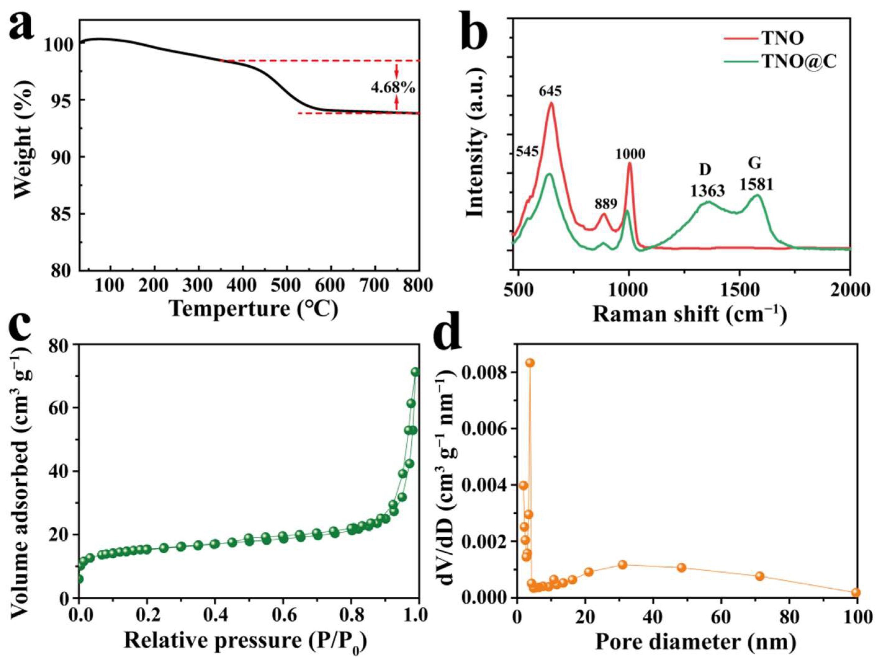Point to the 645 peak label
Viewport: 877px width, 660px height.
point(550,91)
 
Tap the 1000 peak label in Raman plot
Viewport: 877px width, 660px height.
point(630,154)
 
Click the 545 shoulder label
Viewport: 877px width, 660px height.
point(527,151)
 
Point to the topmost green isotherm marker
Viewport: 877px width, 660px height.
point(415,372)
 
